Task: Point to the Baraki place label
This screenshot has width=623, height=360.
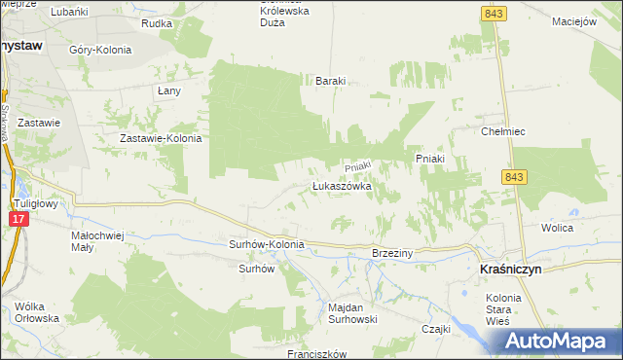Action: pyautogui.click(x=330, y=82)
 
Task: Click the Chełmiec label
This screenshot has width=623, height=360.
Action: pyautogui.click(x=503, y=130)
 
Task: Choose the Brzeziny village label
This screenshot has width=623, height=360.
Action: pyautogui.click(x=392, y=253)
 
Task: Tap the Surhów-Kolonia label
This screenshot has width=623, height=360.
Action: pyautogui.click(x=267, y=244)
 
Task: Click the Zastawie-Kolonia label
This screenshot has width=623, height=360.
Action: pyautogui.click(x=161, y=138)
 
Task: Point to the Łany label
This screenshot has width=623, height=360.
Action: pyautogui.click(x=168, y=90)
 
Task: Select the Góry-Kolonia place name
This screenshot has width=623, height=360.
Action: pyautogui.click(x=100, y=50)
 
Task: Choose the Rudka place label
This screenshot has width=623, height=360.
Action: pyautogui.click(x=156, y=22)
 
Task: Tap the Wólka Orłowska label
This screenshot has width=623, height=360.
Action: pyautogui.click(x=38, y=312)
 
